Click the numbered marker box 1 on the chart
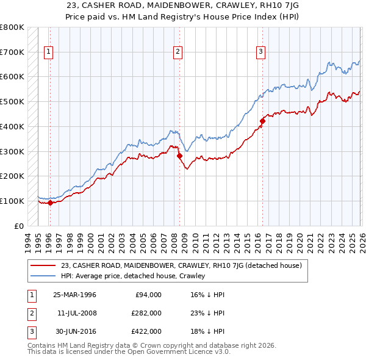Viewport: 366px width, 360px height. tap(48, 52)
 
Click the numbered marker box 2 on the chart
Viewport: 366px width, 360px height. tap(178, 52)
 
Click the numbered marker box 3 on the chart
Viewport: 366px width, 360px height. tap(260, 52)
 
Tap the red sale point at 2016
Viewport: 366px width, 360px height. tap(262, 121)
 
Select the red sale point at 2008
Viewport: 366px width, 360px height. tap(180, 156)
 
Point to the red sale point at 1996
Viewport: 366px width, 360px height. tap(50, 203)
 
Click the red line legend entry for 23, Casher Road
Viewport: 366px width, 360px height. tap(182, 265)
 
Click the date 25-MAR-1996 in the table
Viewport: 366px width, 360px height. tap(74, 295)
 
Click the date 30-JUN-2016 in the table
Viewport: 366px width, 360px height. tap(74, 331)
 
